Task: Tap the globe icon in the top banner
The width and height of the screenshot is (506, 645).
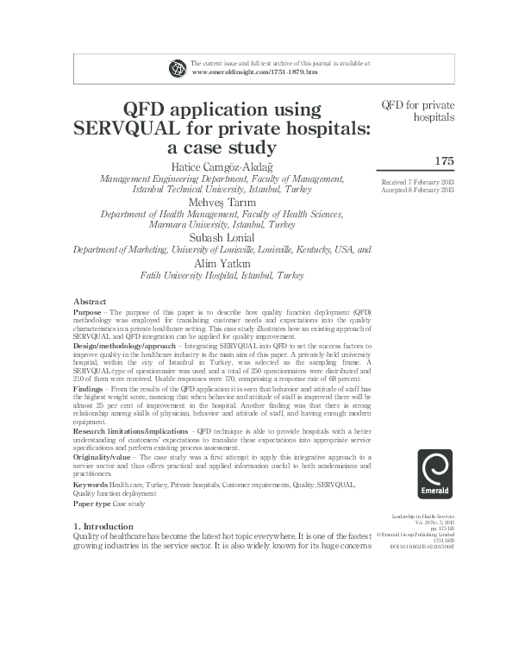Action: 178,67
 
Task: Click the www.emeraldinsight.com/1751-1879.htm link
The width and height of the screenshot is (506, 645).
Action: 254,72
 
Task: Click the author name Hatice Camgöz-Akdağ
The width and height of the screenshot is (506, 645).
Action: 222,166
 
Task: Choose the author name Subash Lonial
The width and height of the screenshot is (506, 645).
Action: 222,238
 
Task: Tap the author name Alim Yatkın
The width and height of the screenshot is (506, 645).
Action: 222,263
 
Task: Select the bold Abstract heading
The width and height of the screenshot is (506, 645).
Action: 90,300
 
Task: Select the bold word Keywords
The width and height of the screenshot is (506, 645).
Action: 91,485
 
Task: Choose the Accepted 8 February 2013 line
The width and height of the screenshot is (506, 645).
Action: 417,190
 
